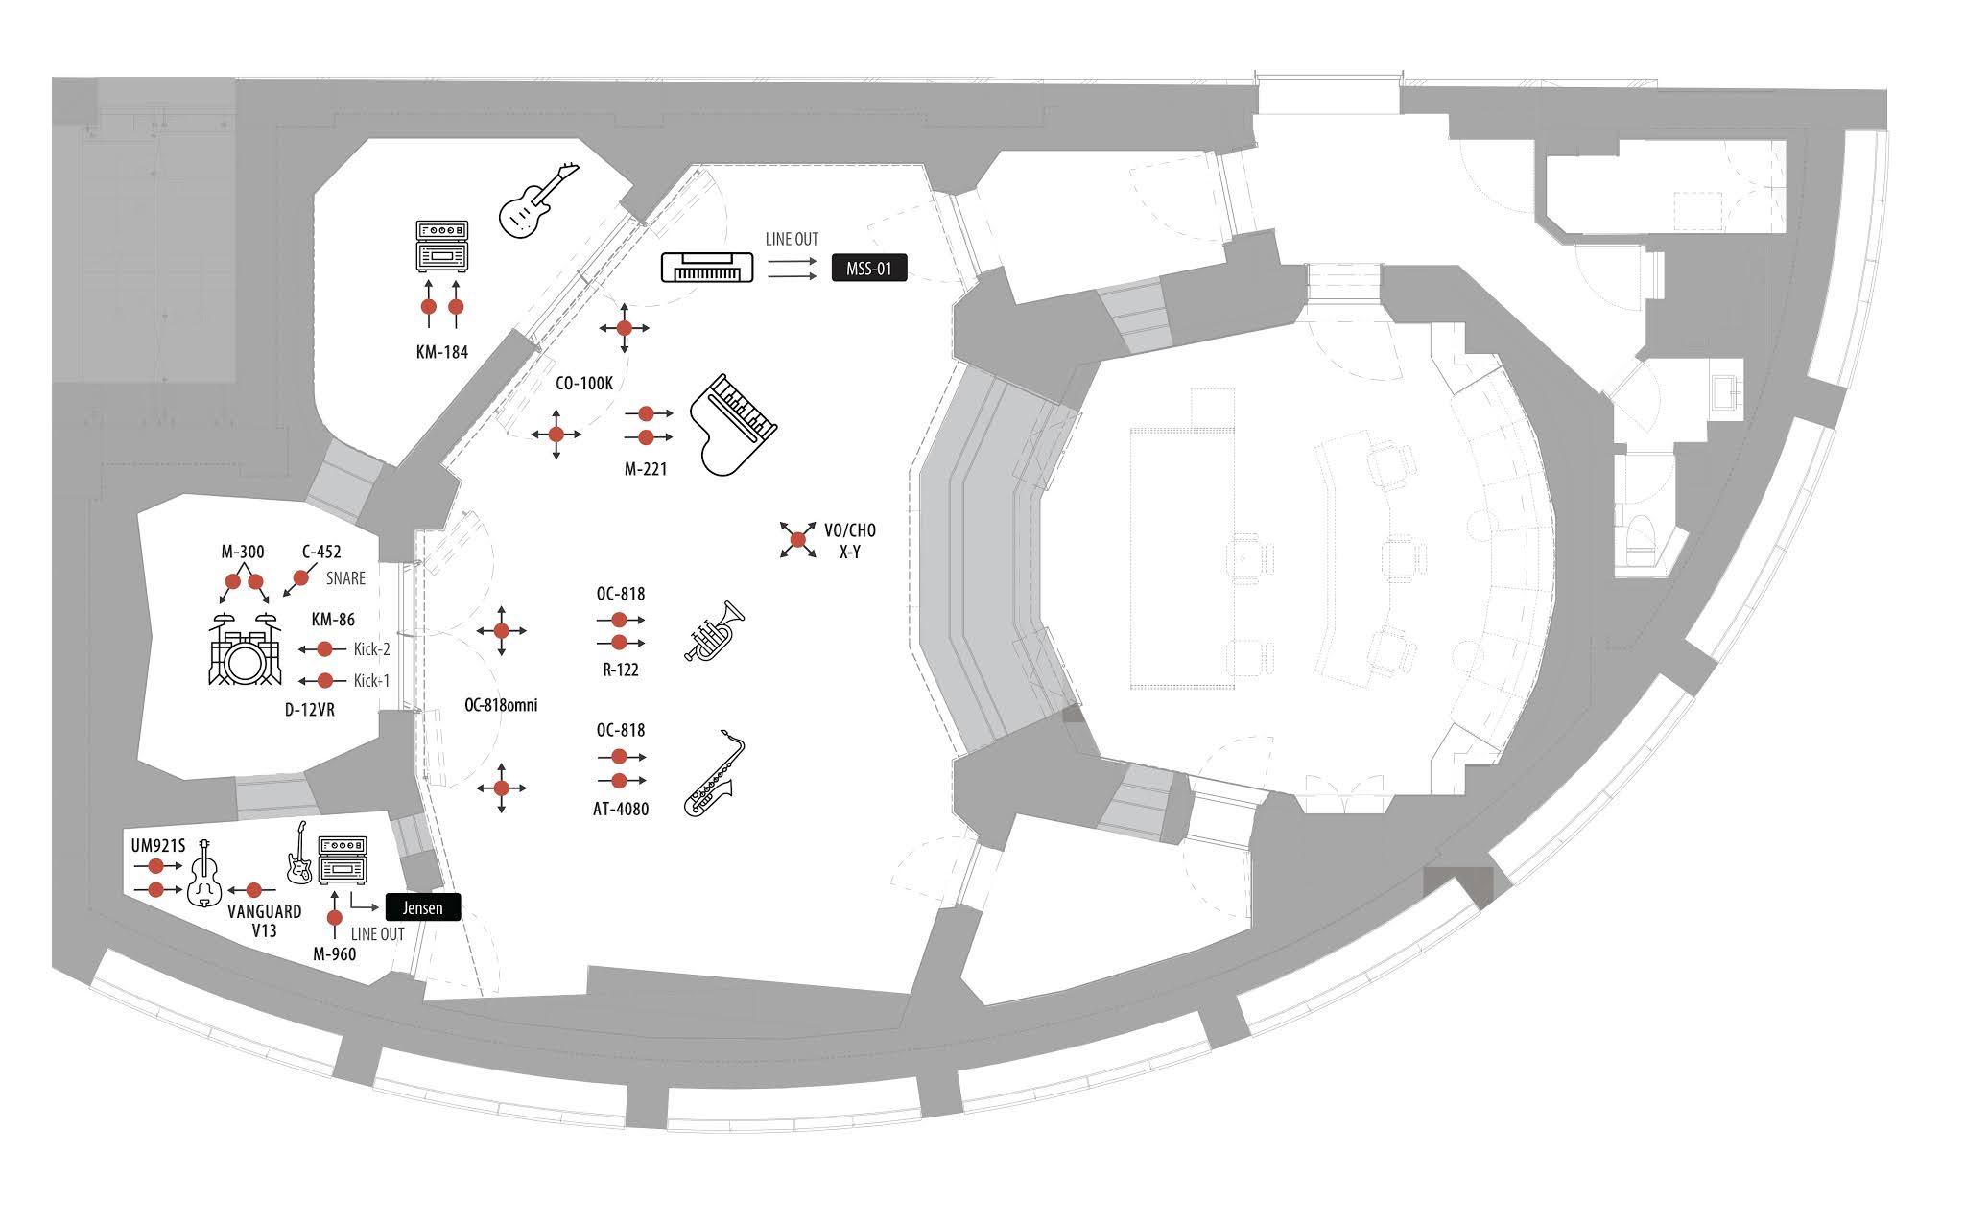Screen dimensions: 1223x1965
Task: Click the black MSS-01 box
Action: coord(868,269)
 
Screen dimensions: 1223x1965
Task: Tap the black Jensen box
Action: coord(422,907)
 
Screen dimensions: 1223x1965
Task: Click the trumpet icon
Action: coord(715,632)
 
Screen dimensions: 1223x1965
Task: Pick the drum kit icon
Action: coord(245,649)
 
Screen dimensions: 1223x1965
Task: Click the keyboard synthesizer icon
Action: coord(707,266)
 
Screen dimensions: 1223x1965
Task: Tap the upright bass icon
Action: coord(204,874)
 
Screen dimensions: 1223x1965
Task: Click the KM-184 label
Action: coord(442,352)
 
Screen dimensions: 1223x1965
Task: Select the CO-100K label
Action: coord(583,384)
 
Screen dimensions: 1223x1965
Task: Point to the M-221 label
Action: coord(646,469)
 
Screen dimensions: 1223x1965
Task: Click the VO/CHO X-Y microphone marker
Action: coord(798,540)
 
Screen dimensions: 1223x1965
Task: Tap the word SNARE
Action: coord(345,578)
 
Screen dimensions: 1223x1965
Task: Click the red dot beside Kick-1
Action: coord(325,681)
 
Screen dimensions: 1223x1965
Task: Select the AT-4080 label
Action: coord(621,809)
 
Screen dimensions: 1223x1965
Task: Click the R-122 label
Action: coord(621,670)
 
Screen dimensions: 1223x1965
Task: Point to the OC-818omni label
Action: coord(501,705)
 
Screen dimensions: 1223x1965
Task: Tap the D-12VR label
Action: coord(310,710)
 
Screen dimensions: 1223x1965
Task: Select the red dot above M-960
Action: coord(335,918)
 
